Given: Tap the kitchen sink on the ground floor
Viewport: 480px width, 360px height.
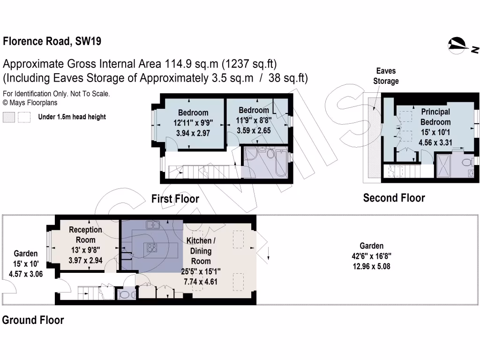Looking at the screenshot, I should pos(153,225).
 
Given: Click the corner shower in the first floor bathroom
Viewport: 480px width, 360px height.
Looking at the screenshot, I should pos(251,155).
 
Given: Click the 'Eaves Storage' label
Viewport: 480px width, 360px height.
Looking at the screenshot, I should pos(386,76).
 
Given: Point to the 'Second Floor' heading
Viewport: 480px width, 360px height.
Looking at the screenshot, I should pos(394,198).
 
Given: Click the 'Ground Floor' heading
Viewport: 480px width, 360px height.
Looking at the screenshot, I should pos(33,320).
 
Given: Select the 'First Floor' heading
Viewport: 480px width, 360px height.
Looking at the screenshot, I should pos(175,199).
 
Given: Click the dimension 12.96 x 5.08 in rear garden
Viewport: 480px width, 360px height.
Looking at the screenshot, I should pos(372,266).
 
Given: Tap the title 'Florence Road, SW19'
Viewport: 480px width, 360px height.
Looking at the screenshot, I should pos(52,41).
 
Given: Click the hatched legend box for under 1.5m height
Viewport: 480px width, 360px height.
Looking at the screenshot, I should pos(9,117).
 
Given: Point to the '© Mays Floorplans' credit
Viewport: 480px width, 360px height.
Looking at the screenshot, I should pos(30,102).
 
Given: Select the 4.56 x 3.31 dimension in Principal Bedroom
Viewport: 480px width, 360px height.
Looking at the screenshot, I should pos(435,142).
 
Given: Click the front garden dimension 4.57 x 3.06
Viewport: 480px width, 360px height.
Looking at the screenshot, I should pos(25,273).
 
